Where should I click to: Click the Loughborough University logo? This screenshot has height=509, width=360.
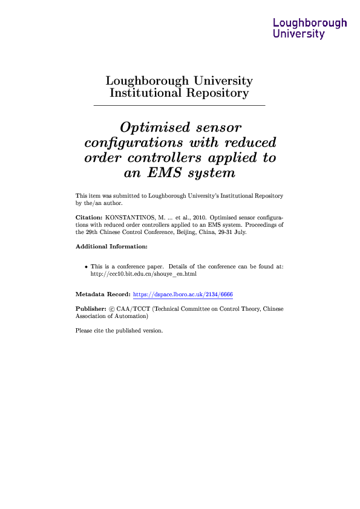pyautogui.click(x=310, y=28)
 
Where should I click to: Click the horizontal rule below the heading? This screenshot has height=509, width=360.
pyautogui.click(x=179, y=106)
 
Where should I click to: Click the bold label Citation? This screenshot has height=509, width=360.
pyautogui.click(x=88, y=216)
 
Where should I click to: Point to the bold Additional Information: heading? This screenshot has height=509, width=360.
pyautogui.click(x=111, y=247)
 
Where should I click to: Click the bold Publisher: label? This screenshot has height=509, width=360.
pyautogui.click(x=90, y=308)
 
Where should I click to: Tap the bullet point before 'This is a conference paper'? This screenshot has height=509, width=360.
pyautogui.click(x=86, y=266)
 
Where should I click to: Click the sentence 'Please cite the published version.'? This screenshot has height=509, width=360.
pyautogui.click(x=119, y=331)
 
